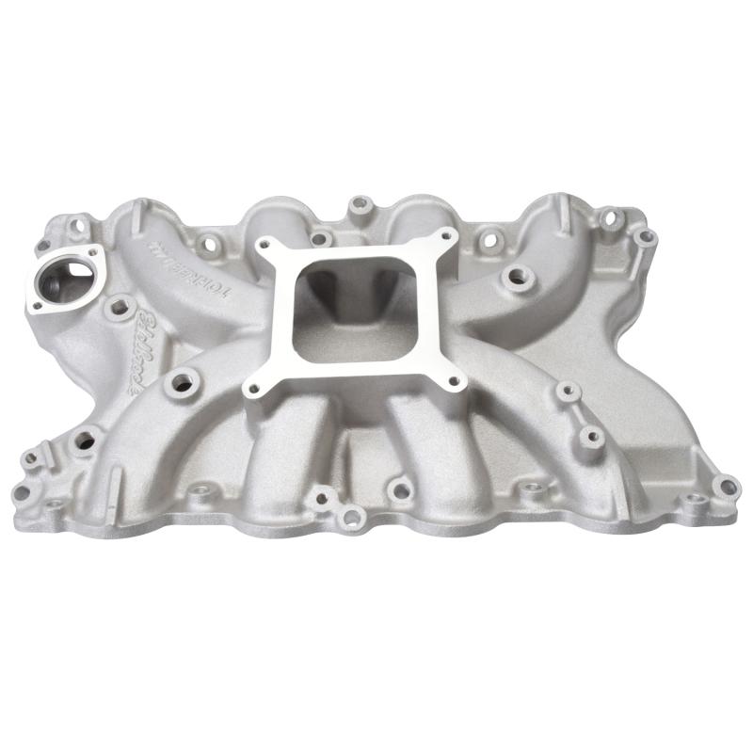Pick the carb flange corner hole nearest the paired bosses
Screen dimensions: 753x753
455,380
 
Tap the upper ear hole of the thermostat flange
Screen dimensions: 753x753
95,251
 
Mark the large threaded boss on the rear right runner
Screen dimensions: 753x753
515,277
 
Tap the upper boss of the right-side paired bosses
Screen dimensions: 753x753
565,392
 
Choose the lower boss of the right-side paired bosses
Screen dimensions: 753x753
589,435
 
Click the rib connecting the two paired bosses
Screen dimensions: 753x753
577,413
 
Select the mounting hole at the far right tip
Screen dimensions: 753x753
726,488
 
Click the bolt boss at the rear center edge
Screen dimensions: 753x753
359,203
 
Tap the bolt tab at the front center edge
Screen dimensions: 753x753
350,515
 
